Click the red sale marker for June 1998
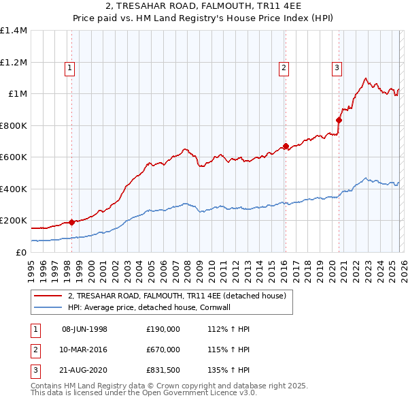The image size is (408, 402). point(72,222)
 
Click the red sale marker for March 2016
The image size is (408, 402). point(286,146)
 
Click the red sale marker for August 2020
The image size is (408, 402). point(339,120)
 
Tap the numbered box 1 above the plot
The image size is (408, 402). point(71,67)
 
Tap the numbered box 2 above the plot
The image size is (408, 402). point(284,67)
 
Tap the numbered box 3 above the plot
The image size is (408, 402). point(337,67)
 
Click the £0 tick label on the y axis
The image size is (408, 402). point(22,253)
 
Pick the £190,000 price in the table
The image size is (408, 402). point(163,329)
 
